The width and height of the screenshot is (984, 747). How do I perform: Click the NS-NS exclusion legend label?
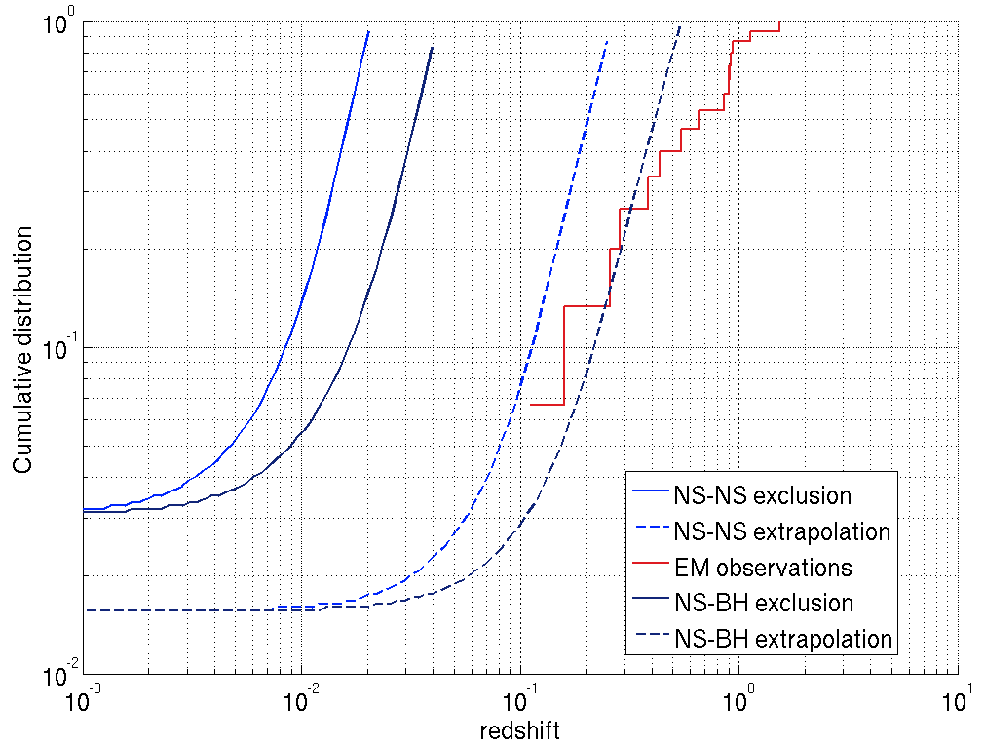pos(762,495)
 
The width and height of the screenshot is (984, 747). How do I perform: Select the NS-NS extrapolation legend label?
pos(781,531)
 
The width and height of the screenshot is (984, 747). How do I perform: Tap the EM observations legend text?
pos(762,568)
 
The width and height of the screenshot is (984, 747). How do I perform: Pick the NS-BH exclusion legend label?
pos(763,603)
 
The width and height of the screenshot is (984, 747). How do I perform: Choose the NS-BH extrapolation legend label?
pos(782,639)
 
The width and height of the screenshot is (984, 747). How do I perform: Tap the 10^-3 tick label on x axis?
pos(85,699)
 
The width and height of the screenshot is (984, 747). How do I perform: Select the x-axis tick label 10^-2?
pos(303,699)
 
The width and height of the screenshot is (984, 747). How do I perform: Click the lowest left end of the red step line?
pos(530,404)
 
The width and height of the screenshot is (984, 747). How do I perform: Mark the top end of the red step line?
pos(780,22)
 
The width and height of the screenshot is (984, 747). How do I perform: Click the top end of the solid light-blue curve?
pos(368,31)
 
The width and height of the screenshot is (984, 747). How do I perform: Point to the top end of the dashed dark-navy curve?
pos(679,27)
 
